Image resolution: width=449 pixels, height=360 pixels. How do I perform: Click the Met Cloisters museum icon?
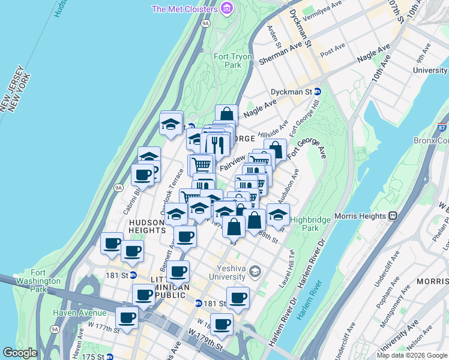[x=226, y=8]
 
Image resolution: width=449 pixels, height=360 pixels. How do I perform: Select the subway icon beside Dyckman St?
[x=318, y=92]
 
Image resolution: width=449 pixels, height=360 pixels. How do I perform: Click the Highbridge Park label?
[x=310, y=224]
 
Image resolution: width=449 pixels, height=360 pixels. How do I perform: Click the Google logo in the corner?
[x=20, y=353]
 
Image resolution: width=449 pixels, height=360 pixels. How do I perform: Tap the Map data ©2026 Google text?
[x=412, y=355]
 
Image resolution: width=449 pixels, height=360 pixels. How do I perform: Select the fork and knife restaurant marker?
[x=215, y=144]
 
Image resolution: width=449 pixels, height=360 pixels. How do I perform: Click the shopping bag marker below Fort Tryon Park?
[x=227, y=114]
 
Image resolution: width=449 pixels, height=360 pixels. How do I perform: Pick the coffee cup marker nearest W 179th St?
[x=222, y=324]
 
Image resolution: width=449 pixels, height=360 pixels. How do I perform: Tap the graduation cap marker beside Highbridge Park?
[x=278, y=215]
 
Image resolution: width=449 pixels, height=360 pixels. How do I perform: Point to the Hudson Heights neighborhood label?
[x=146, y=226]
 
